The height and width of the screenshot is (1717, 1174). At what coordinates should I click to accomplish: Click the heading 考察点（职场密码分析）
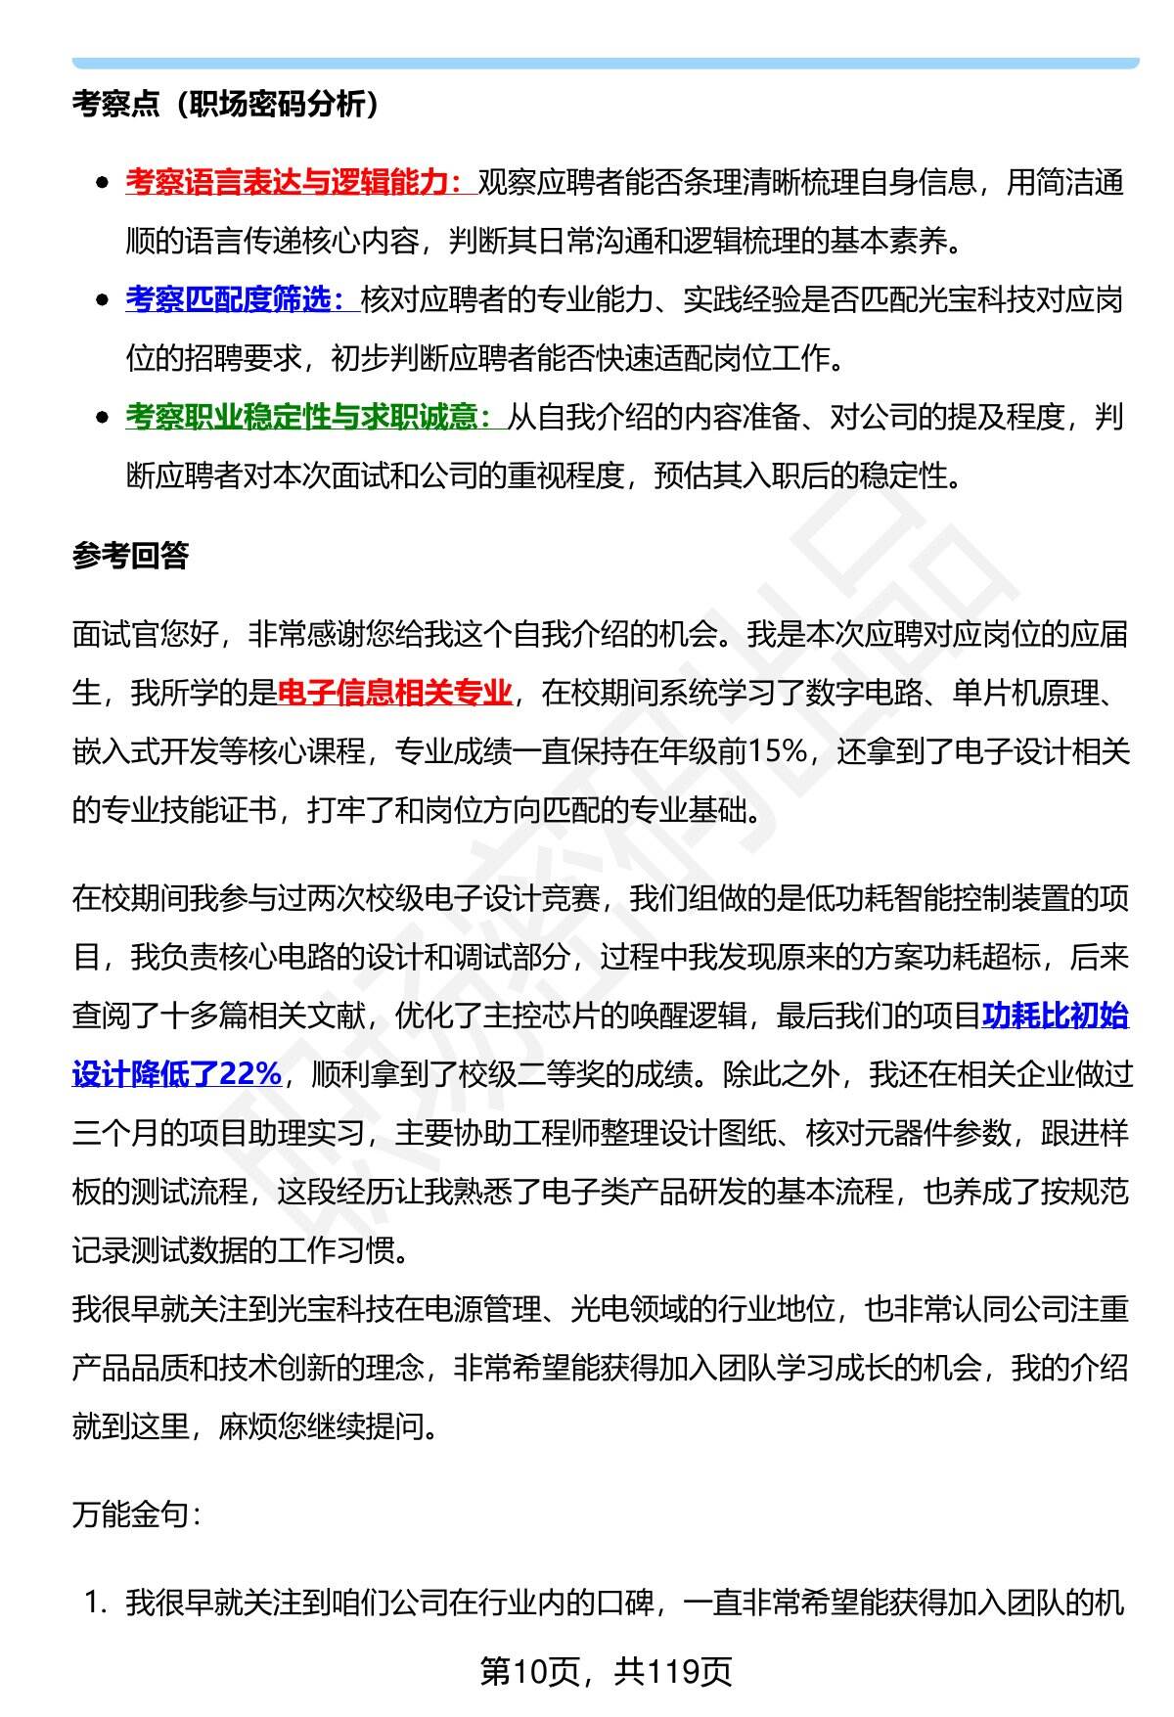(226, 105)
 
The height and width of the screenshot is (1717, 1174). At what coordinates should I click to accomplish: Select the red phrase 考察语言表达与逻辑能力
(293, 183)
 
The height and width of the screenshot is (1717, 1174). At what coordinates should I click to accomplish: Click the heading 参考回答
(130, 556)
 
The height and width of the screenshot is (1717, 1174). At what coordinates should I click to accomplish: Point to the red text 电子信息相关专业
(394, 694)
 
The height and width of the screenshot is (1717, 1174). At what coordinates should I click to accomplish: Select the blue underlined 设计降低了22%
(177, 1074)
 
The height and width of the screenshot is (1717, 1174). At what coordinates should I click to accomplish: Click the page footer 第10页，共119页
(606, 1672)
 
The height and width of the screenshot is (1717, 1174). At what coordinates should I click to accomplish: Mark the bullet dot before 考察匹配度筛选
(102, 301)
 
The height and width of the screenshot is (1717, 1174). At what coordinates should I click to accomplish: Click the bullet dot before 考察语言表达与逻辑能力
(102, 184)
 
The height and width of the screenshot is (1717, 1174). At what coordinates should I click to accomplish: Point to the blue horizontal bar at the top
(606, 63)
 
